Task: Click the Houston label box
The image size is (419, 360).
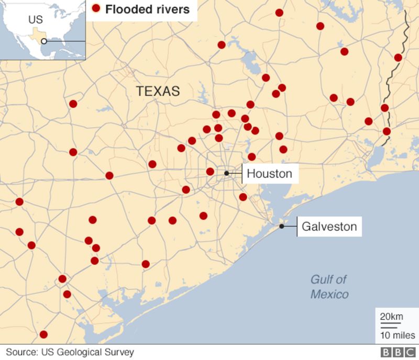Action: coord(270,173)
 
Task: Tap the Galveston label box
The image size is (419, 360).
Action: coord(329,227)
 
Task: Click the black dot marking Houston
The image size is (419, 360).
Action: coord(227,173)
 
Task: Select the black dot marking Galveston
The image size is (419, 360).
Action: coord(282,227)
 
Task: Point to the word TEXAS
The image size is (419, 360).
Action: coord(158,92)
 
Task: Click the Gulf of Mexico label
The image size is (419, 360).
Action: coord(329,287)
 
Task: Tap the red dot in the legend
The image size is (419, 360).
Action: coord(96,9)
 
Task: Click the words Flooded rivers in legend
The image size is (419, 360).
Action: coord(148,9)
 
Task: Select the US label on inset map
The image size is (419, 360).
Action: coord(35,20)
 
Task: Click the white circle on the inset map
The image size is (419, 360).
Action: coord(45,41)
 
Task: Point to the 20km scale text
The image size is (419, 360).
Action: coord(391,316)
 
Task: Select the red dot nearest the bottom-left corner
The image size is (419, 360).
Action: coord(43,334)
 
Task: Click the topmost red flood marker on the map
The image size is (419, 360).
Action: coord(279,13)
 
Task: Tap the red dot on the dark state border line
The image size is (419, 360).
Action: coord(387,131)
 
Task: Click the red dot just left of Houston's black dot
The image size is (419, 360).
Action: coord(210,172)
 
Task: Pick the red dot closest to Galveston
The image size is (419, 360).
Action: coord(243,197)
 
